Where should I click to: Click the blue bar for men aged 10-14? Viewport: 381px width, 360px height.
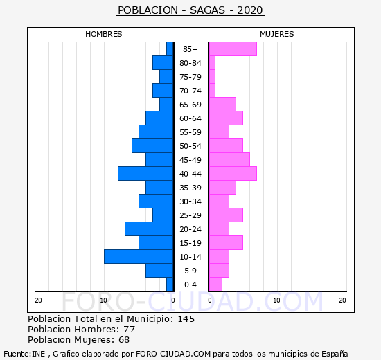coord(139,257)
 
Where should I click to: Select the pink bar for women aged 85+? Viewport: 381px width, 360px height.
coord(233,49)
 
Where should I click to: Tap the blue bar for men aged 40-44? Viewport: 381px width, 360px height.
coord(145,174)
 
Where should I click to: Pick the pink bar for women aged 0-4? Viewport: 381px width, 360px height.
coord(215,285)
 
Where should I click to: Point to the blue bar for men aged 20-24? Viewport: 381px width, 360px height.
coord(149,229)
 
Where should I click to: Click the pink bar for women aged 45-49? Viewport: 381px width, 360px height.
coord(229,160)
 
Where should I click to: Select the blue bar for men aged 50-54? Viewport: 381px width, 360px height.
coord(152,146)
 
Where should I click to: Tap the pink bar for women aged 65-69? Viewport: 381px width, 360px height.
coord(222,105)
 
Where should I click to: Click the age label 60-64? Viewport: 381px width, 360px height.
coord(190,118)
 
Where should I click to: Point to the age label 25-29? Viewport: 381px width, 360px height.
coord(190,215)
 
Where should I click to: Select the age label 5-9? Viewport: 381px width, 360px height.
coord(190,271)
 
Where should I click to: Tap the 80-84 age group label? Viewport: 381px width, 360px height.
coord(190,63)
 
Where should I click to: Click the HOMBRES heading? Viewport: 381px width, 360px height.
coord(104,34)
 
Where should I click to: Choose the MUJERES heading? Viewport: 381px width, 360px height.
coord(277,34)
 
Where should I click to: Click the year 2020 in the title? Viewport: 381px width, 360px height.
coord(250,10)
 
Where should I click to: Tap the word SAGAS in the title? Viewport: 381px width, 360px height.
coord(207,10)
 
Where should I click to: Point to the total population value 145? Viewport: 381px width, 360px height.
coord(186,319)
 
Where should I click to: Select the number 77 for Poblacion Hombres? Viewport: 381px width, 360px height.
coord(130,330)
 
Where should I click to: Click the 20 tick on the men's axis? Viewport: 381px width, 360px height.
coord(38,300)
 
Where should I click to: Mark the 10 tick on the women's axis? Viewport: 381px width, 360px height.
coord(276,300)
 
